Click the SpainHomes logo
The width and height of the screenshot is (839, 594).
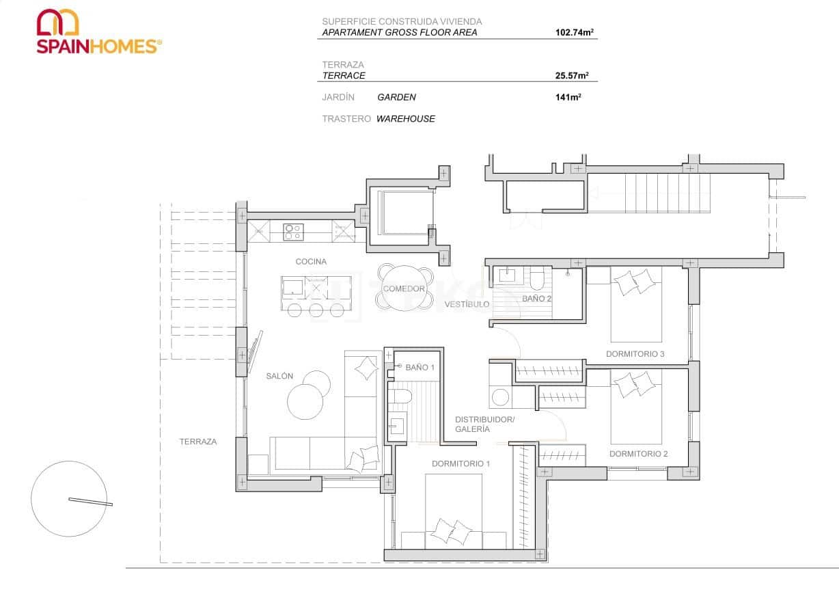(x=99, y=31)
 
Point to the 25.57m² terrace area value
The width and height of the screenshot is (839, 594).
(x=572, y=76)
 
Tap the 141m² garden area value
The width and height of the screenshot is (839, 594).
(x=568, y=98)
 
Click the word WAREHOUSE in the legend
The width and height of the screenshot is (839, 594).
(x=405, y=119)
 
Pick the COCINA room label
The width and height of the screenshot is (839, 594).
(x=311, y=262)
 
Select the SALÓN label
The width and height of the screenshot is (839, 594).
(x=279, y=376)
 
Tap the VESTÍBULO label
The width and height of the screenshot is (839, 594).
(x=467, y=303)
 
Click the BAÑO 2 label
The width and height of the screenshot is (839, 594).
(x=536, y=299)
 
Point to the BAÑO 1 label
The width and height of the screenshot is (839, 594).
(x=420, y=368)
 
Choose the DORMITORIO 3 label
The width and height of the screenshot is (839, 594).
(x=635, y=354)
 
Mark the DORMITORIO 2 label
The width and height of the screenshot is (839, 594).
(x=638, y=454)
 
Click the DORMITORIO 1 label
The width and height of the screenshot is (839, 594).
(x=460, y=464)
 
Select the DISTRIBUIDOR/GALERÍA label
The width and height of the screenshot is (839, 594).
(x=484, y=424)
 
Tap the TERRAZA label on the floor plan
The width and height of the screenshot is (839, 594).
(x=198, y=442)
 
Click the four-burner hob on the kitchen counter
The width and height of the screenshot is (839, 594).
(x=293, y=232)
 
